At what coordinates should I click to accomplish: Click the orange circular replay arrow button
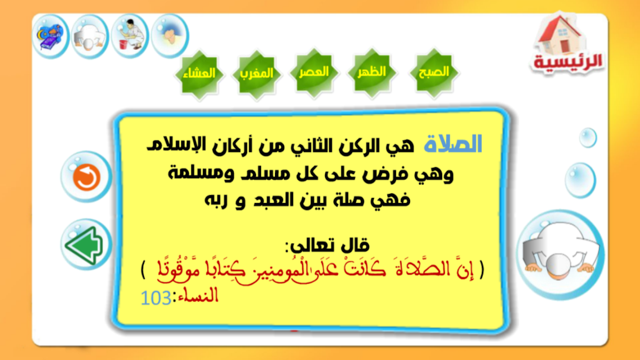(86, 177)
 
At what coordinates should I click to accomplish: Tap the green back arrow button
(86, 245)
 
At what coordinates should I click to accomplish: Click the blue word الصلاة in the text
(453, 145)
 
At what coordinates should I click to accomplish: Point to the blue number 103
(156, 298)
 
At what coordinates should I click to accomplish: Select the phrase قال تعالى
(327, 245)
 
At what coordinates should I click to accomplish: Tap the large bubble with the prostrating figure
(560, 254)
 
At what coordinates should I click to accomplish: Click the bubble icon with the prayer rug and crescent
(50, 37)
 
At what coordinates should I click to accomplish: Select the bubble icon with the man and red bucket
(130, 36)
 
